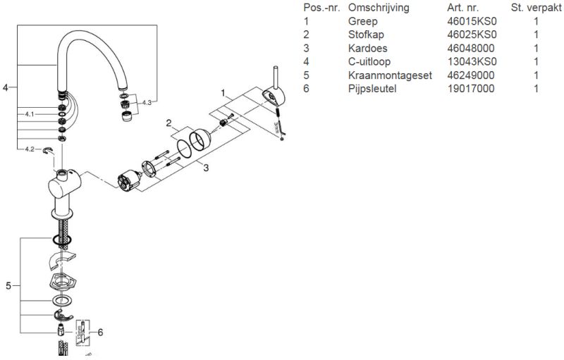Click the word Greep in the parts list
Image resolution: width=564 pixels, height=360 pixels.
[x=362, y=22]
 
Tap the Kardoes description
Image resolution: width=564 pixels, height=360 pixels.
[x=367, y=49]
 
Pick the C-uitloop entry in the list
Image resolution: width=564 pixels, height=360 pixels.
[x=368, y=62]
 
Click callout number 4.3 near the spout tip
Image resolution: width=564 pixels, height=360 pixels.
[x=147, y=103]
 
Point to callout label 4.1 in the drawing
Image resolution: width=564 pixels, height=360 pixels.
[x=29, y=113]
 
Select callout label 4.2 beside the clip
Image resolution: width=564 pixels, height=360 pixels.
[x=29, y=149]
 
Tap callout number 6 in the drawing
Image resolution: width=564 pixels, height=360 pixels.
[x=100, y=332]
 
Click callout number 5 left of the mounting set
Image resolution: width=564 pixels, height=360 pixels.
[x=8, y=285]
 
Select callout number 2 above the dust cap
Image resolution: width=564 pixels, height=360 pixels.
[x=169, y=123]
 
